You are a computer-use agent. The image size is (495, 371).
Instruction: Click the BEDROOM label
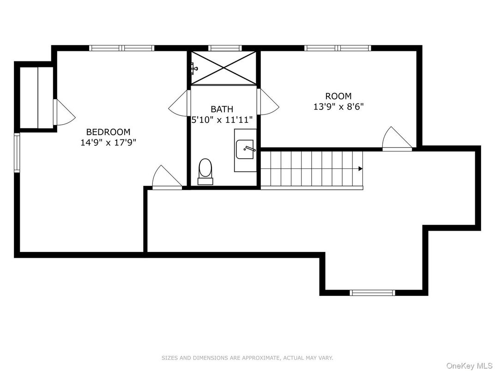pyautogui.click(x=108, y=132)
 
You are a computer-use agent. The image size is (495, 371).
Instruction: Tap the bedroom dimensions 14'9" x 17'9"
pyautogui.click(x=108, y=143)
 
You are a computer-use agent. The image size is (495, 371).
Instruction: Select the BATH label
pyautogui.click(x=222, y=109)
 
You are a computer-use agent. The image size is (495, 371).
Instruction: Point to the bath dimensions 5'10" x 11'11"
pyautogui.click(x=223, y=120)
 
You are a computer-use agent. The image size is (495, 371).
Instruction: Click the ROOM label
pyautogui.click(x=338, y=96)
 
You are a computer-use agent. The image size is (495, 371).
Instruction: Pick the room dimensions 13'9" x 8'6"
pyautogui.click(x=338, y=107)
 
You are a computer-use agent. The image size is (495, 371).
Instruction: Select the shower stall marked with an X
pyautogui.click(x=223, y=68)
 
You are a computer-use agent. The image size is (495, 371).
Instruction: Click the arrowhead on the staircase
pyautogui.click(x=360, y=169)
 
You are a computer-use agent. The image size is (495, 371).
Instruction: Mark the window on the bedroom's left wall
pyautogui.click(x=17, y=153)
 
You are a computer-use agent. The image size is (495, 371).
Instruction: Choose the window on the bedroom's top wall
pyautogui.click(x=121, y=48)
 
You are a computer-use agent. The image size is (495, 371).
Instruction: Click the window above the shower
pyautogui.click(x=225, y=48)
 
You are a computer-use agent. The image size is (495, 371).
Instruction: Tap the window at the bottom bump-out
pyautogui.click(x=372, y=293)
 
